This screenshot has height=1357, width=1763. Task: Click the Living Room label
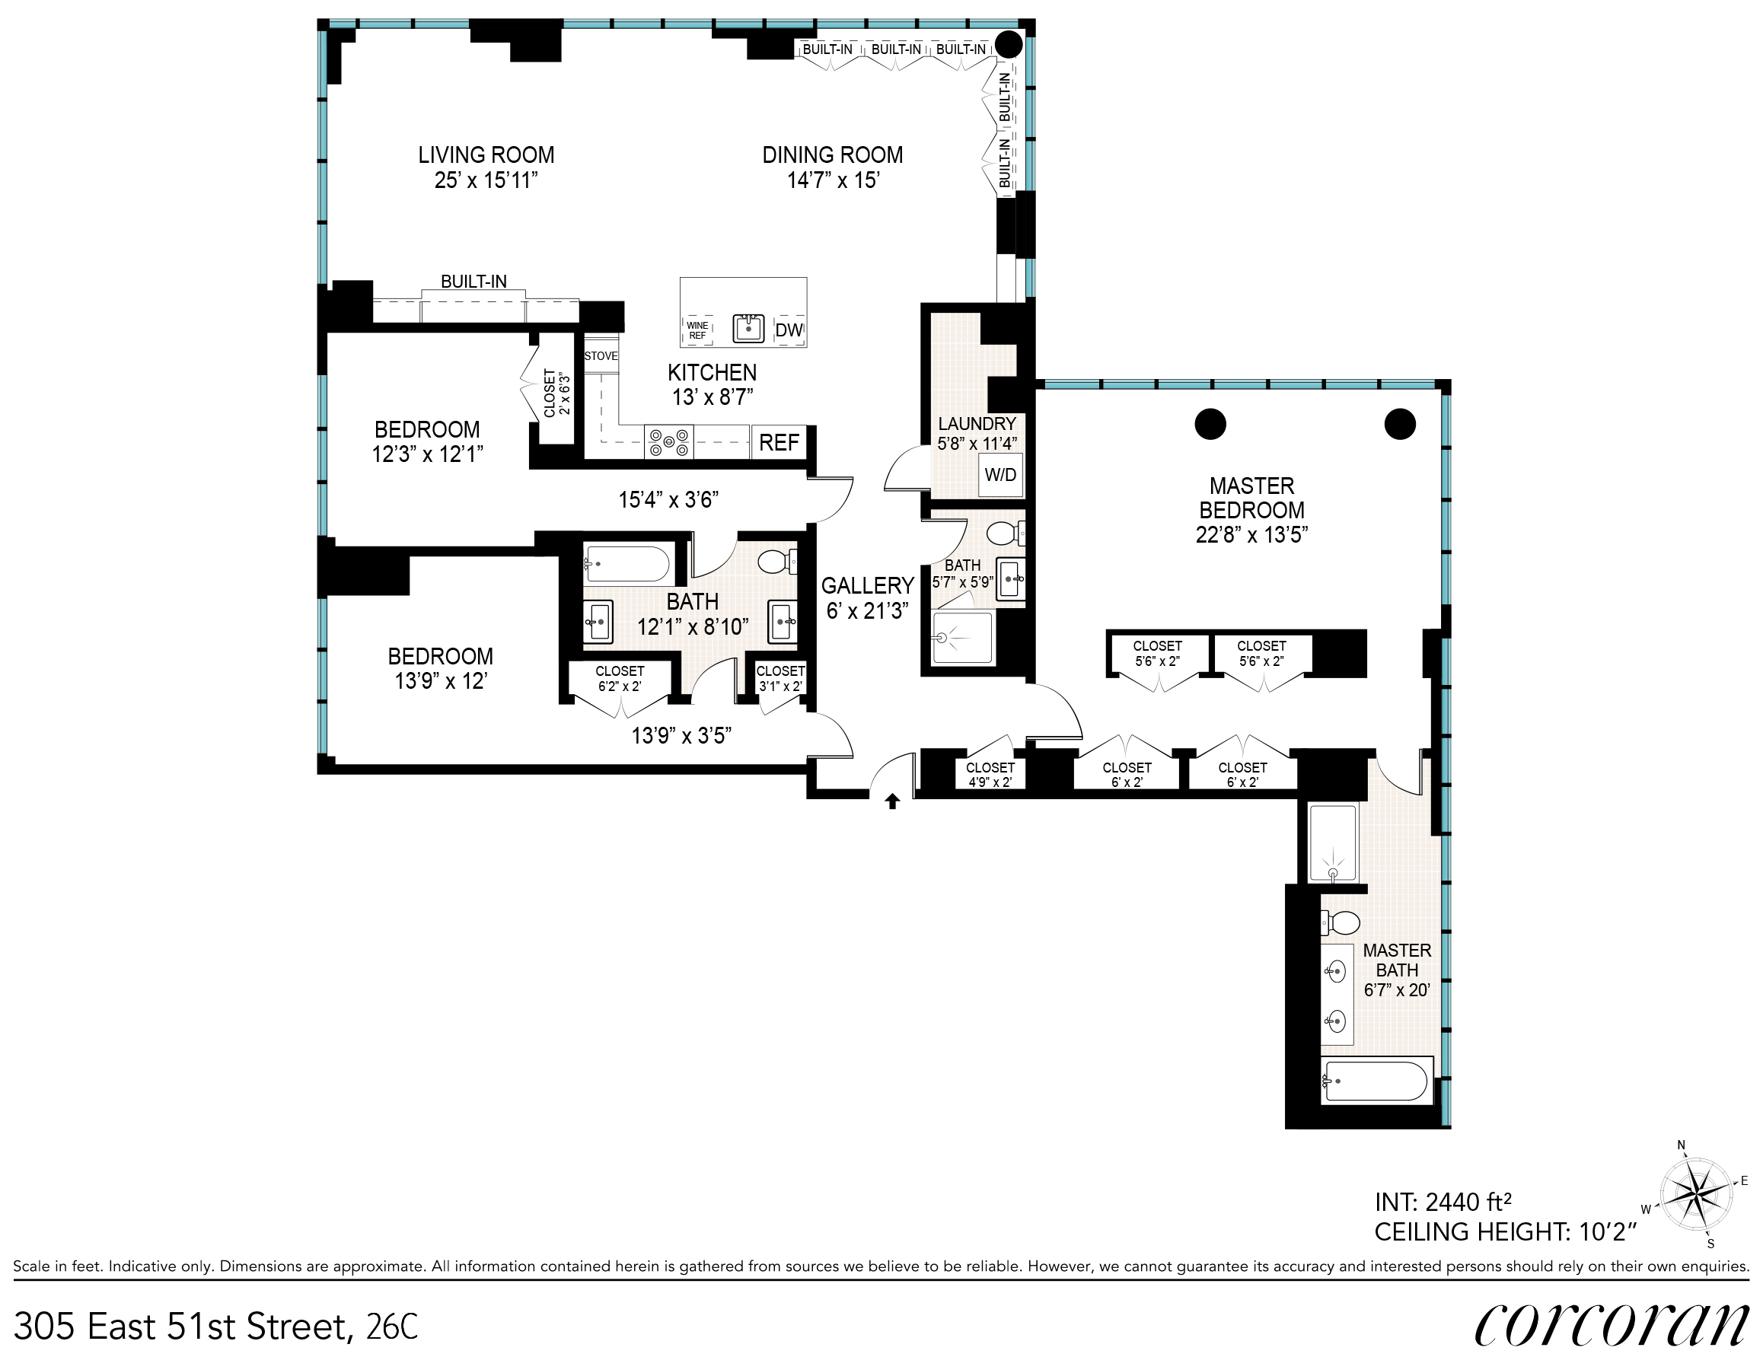click(x=486, y=154)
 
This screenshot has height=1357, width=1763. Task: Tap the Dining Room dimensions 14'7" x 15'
click(x=833, y=180)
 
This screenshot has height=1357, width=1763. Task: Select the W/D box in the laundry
click(x=1000, y=475)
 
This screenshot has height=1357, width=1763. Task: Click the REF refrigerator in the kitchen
click(x=779, y=442)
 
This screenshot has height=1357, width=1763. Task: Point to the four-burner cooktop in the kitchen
click(x=669, y=442)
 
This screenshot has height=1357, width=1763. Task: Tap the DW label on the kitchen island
click(x=789, y=330)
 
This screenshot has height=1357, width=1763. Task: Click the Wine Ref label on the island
click(x=697, y=330)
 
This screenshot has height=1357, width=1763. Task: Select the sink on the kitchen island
click(x=748, y=329)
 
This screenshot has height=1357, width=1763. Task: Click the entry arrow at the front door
click(x=892, y=801)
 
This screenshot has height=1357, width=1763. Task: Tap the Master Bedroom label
click(x=1252, y=497)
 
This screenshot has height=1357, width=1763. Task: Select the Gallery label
click(x=868, y=585)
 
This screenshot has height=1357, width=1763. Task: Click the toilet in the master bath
click(x=1340, y=921)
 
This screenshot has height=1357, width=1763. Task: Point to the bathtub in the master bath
click(x=1377, y=1080)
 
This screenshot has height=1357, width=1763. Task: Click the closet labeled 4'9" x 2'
click(x=990, y=774)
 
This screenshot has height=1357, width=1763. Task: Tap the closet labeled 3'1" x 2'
click(x=779, y=678)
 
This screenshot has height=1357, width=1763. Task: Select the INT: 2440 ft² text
click(x=1443, y=1202)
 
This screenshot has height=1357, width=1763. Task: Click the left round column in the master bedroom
click(x=1210, y=424)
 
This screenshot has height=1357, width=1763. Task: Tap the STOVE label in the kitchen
click(x=601, y=356)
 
